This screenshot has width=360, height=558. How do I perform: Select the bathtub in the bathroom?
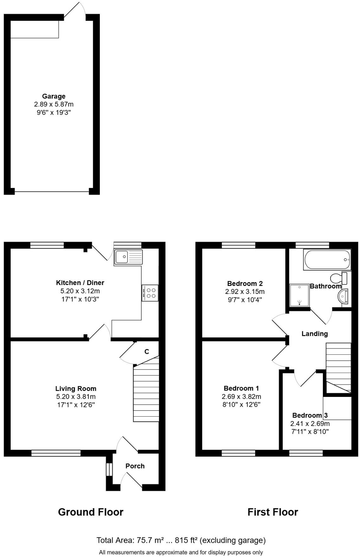point(327,260)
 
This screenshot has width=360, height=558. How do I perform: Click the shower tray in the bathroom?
point(299,295)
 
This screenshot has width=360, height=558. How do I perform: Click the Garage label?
point(54,96)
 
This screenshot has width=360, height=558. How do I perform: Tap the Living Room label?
point(76,388)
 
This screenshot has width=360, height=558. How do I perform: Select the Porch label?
point(135,466)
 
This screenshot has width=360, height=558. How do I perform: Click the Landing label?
point(314,334)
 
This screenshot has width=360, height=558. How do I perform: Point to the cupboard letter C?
point(147,351)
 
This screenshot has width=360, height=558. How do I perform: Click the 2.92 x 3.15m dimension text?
point(245,291)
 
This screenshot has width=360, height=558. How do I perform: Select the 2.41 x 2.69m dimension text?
point(310,423)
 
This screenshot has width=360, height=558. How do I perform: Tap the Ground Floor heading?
point(91,512)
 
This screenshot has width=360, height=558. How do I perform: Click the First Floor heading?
point(273,512)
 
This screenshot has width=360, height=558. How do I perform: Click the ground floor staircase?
point(146,393)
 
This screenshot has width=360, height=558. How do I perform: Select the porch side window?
point(109,469)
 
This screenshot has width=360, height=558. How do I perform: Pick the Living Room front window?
point(56,453)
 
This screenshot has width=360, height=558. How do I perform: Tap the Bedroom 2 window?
point(238,245)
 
